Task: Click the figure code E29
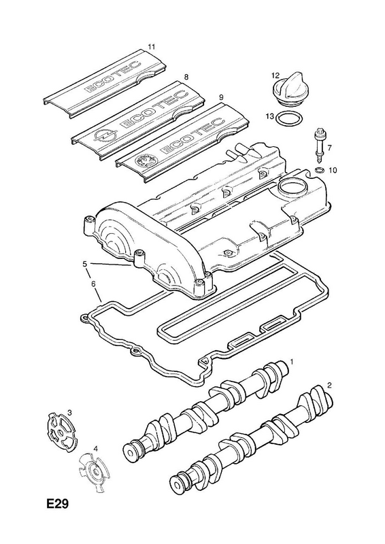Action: pos(57,504)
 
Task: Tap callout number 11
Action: pos(151,46)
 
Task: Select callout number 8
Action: pos(186,77)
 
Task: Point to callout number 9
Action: pos(222,97)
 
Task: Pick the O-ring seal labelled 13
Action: pos(288,119)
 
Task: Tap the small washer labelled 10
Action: pos(319,169)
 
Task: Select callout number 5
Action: pos(85,264)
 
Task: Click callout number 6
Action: pos(93,284)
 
